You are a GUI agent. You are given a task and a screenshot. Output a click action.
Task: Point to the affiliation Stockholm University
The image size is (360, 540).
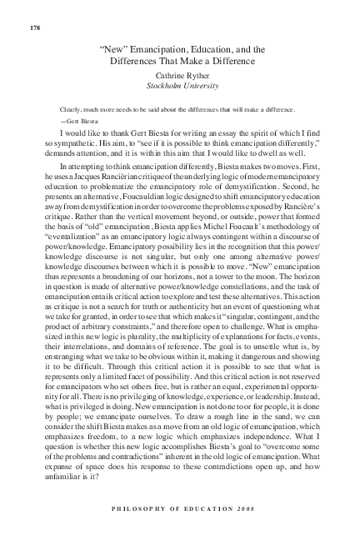click(x=181, y=85)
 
